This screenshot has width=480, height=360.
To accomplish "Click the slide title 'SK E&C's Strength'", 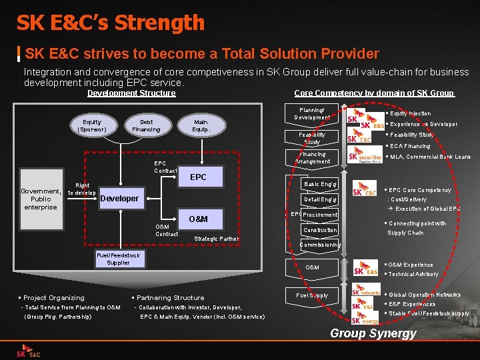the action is (x=111, y=23).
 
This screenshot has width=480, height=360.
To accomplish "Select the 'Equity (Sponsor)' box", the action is (x=92, y=125).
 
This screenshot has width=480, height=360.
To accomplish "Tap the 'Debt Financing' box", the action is (x=147, y=125).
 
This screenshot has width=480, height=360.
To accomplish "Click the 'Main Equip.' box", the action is (x=201, y=125).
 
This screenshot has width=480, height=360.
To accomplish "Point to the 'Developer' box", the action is (x=120, y=198).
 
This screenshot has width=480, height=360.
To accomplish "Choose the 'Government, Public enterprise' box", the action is (x=41, y=199).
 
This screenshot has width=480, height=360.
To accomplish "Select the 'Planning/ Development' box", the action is (x=312, y=113).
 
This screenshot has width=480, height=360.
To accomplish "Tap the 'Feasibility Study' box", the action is (x=312, y=138).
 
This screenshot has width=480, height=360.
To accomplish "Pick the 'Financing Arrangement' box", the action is (x=312, y=157).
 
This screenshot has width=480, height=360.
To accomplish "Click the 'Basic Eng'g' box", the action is (x=321, y=184).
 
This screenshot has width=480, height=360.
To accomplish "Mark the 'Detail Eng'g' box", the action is (x=321, y=199).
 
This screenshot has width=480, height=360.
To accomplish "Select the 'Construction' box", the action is (x=321, y=230).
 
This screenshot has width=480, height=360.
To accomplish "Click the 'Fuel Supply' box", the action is (x=312, y=295).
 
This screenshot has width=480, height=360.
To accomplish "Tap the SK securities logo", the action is (x=365, y=157).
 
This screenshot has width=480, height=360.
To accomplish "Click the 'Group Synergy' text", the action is (x=373, y=333).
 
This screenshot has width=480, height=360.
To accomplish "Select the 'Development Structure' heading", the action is (x=131, y=93).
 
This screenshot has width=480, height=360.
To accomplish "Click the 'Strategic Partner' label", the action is (x=216, y=239).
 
